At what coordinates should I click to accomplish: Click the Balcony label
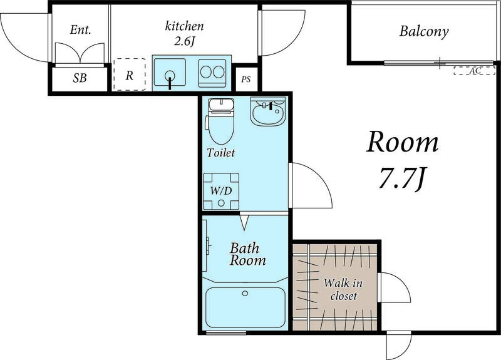424,31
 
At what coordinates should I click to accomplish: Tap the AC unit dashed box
474,71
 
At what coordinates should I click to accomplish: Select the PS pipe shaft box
246,79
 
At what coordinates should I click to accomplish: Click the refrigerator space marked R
130,75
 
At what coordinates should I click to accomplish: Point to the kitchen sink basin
170,72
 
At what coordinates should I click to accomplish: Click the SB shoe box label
80,78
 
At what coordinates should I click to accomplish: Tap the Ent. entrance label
81,30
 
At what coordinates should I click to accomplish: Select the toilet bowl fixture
221,121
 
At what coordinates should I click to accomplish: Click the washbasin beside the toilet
268,112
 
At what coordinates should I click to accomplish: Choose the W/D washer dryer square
221,192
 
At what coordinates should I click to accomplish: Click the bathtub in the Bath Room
245,307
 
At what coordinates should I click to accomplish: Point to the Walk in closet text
343,289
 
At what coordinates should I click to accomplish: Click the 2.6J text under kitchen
184,41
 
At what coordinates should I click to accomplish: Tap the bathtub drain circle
245,293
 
